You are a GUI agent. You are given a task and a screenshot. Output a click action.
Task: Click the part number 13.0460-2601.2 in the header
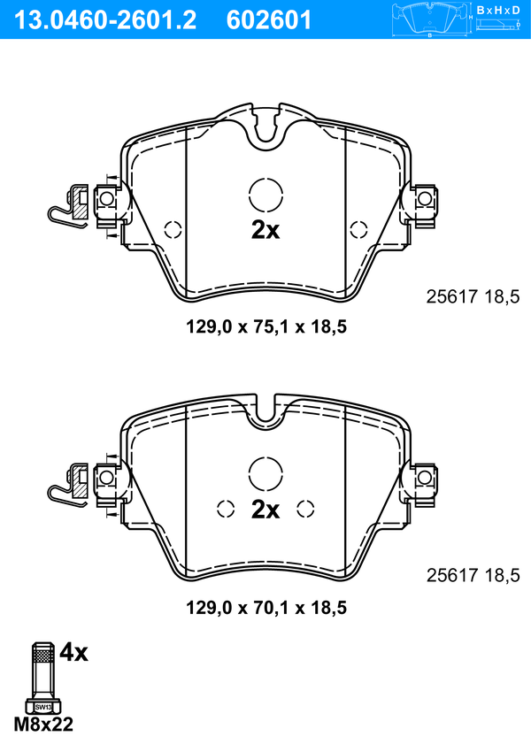104,20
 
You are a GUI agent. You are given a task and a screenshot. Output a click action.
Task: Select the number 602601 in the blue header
269,20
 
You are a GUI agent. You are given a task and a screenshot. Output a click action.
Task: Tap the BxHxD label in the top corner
498,10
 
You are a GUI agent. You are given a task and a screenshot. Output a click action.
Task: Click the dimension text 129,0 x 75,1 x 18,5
266,326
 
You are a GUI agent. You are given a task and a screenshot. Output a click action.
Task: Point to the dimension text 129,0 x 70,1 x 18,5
266,608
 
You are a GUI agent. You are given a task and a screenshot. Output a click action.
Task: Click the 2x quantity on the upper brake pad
265,230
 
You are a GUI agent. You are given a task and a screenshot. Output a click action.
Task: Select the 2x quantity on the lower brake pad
265,510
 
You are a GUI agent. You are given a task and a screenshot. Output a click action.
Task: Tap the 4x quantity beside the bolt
73,652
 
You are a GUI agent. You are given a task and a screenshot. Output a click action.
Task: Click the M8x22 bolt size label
43,725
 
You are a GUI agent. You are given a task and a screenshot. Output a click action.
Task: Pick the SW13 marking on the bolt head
43,707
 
